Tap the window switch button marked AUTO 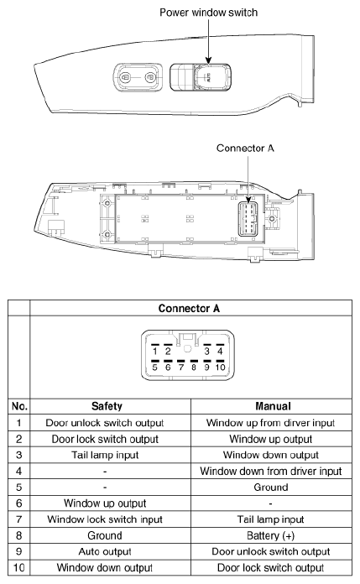pos(206,79)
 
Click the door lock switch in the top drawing pos(136,79)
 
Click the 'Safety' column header pos(112,406)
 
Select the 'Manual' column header pos(270,406)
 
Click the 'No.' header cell pos(15,406)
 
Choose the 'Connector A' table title pos(188,308)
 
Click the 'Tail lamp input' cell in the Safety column pos(112,454)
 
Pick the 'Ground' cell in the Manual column pos(270,486)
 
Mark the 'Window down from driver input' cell pos(270,470)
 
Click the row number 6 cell pos(15,502)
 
